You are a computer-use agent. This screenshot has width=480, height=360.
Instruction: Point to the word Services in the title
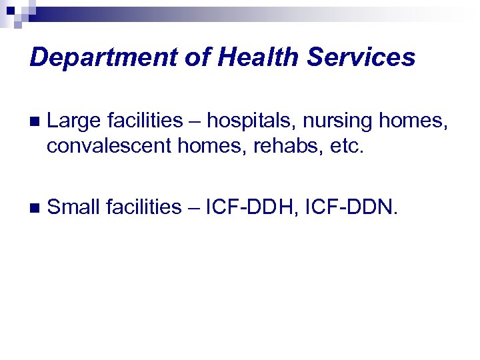click(361, 58)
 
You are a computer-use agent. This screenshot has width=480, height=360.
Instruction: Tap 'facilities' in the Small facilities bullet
click(145, 207)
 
